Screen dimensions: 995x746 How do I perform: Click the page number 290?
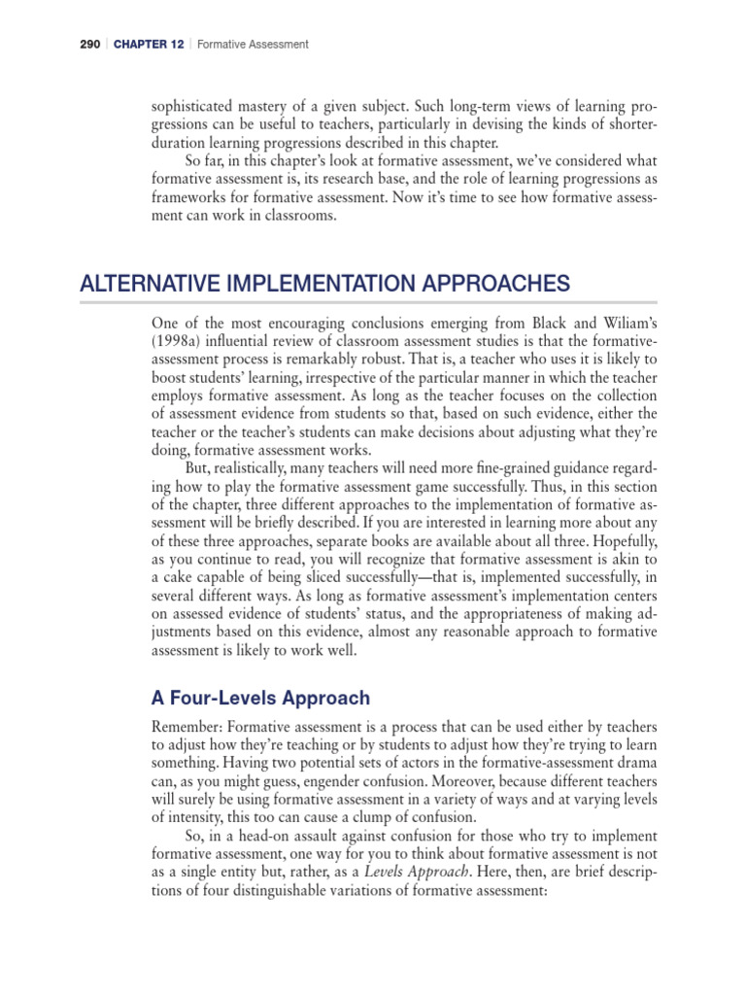pyautogui.click(x=65, y=44)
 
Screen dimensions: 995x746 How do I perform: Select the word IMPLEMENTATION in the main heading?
pyautogui.click(x=310, y=284)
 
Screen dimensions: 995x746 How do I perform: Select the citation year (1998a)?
pyautogui.click(x=180, y=340)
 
